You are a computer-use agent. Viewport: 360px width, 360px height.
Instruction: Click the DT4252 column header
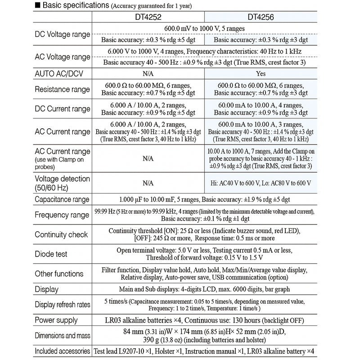coord(148,18)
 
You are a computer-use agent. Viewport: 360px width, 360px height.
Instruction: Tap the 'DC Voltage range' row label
coord(63,34)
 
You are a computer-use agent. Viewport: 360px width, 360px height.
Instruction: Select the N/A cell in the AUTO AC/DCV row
coord(148,73)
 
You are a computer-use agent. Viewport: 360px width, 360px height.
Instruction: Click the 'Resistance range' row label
coord(63,89)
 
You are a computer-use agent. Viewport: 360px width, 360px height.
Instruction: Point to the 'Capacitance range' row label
coord(63,199)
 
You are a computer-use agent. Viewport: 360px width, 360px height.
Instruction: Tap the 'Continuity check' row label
coord(61,234)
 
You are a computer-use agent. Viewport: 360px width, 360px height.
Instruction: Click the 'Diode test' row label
coord(51,254)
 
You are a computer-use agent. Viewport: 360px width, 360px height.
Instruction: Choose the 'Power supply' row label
coord(56,320)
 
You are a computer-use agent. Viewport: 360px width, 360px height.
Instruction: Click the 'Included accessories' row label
coord(63,351)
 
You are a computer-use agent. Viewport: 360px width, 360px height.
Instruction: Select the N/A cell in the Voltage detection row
coord(148,183)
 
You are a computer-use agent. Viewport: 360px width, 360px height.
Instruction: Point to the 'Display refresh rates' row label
coord(63,305)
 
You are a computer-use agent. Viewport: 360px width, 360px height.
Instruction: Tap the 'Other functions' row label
coord(59,274)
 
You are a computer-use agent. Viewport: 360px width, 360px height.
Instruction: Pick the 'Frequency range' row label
coord(62,215)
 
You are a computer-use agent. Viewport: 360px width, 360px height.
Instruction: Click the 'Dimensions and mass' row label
coord(63,335)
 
